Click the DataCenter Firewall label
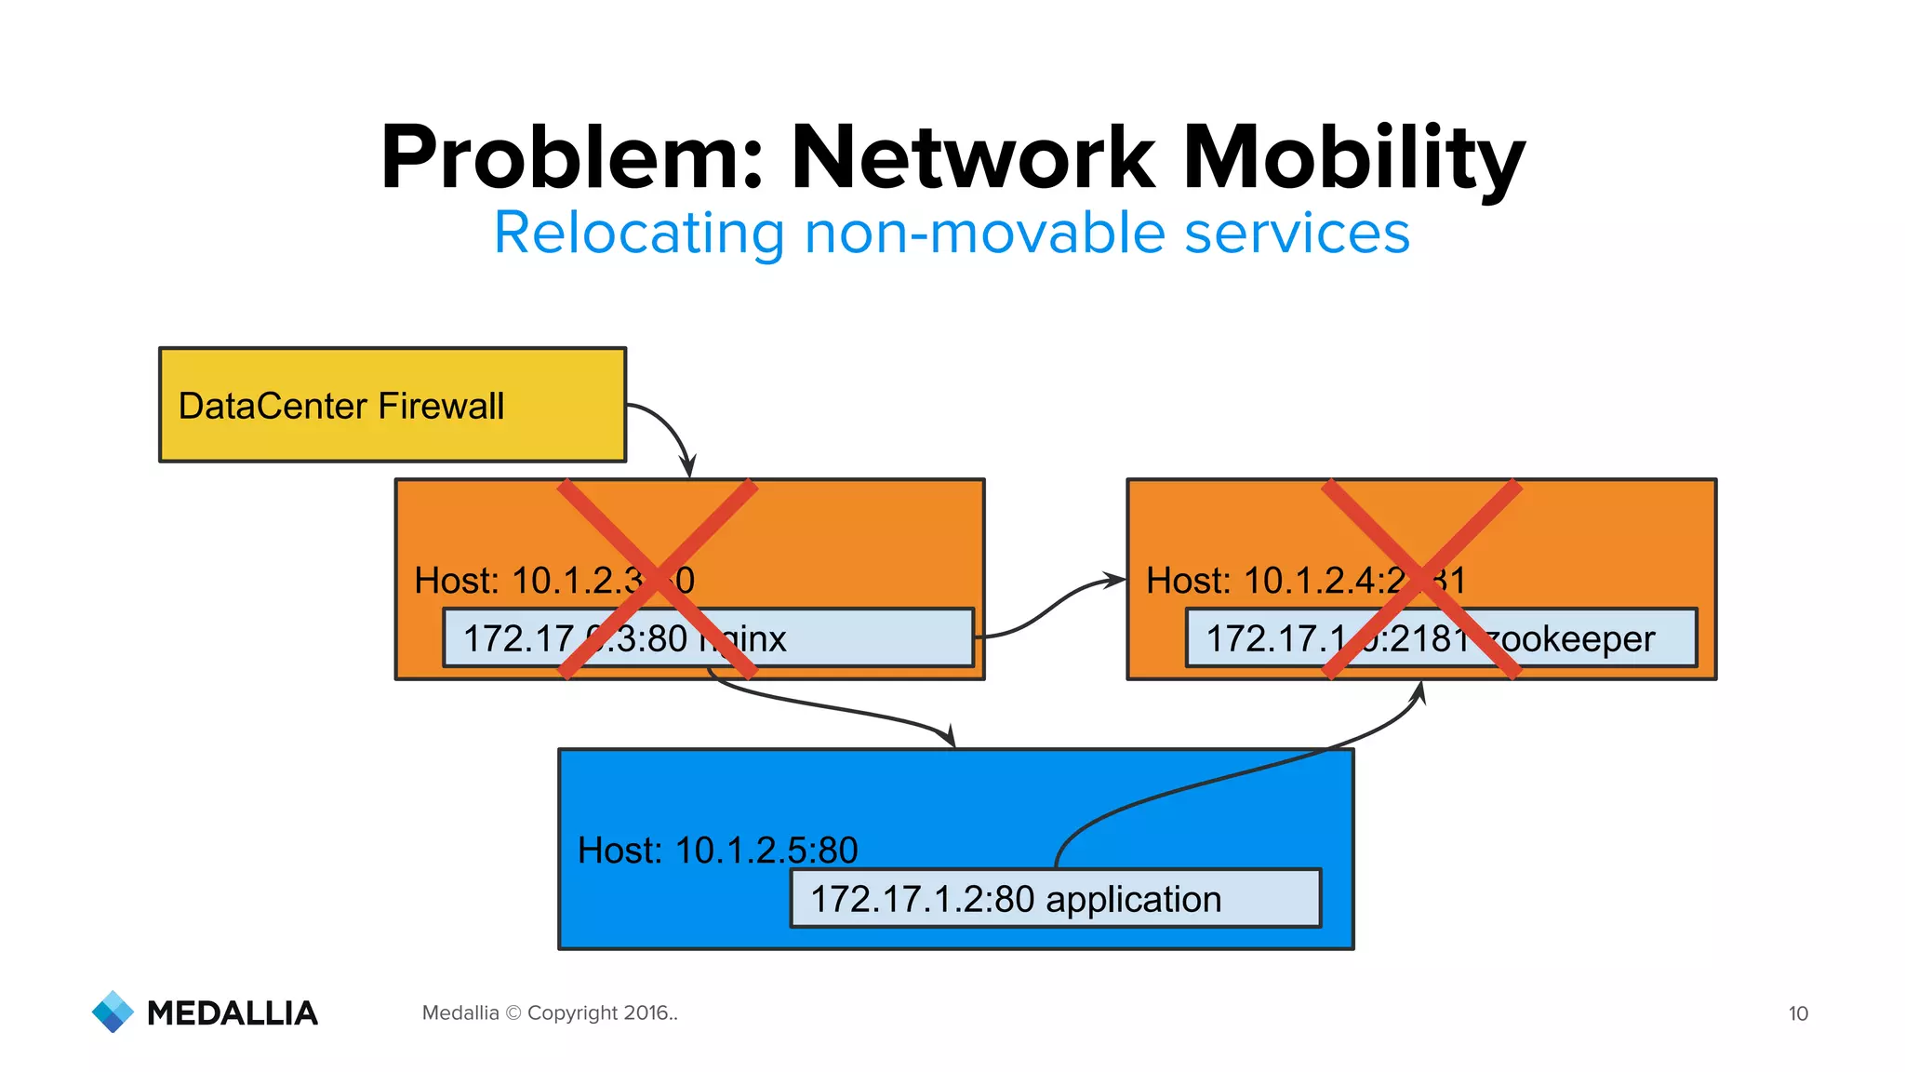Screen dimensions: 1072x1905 tap(340, 407)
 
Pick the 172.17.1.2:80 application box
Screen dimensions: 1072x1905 tap(1055, 899)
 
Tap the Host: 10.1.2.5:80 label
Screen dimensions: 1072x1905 tap(717, 850)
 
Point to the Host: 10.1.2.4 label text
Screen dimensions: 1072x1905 tap(1274, 581)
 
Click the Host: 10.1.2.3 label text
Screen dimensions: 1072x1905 tap(526, 581)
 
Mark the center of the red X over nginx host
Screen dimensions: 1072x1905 tap(658, 579)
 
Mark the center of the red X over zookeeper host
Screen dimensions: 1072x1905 tap(1420, 579)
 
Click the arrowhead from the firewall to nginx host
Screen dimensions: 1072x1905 tap(688, 466)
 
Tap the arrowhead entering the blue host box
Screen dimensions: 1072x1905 tap(950, 737)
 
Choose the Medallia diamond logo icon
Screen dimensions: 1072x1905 tap(113, 1012)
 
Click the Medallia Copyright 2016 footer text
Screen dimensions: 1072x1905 tap(550, 1012)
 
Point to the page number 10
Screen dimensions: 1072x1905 tap(1798, 1013)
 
